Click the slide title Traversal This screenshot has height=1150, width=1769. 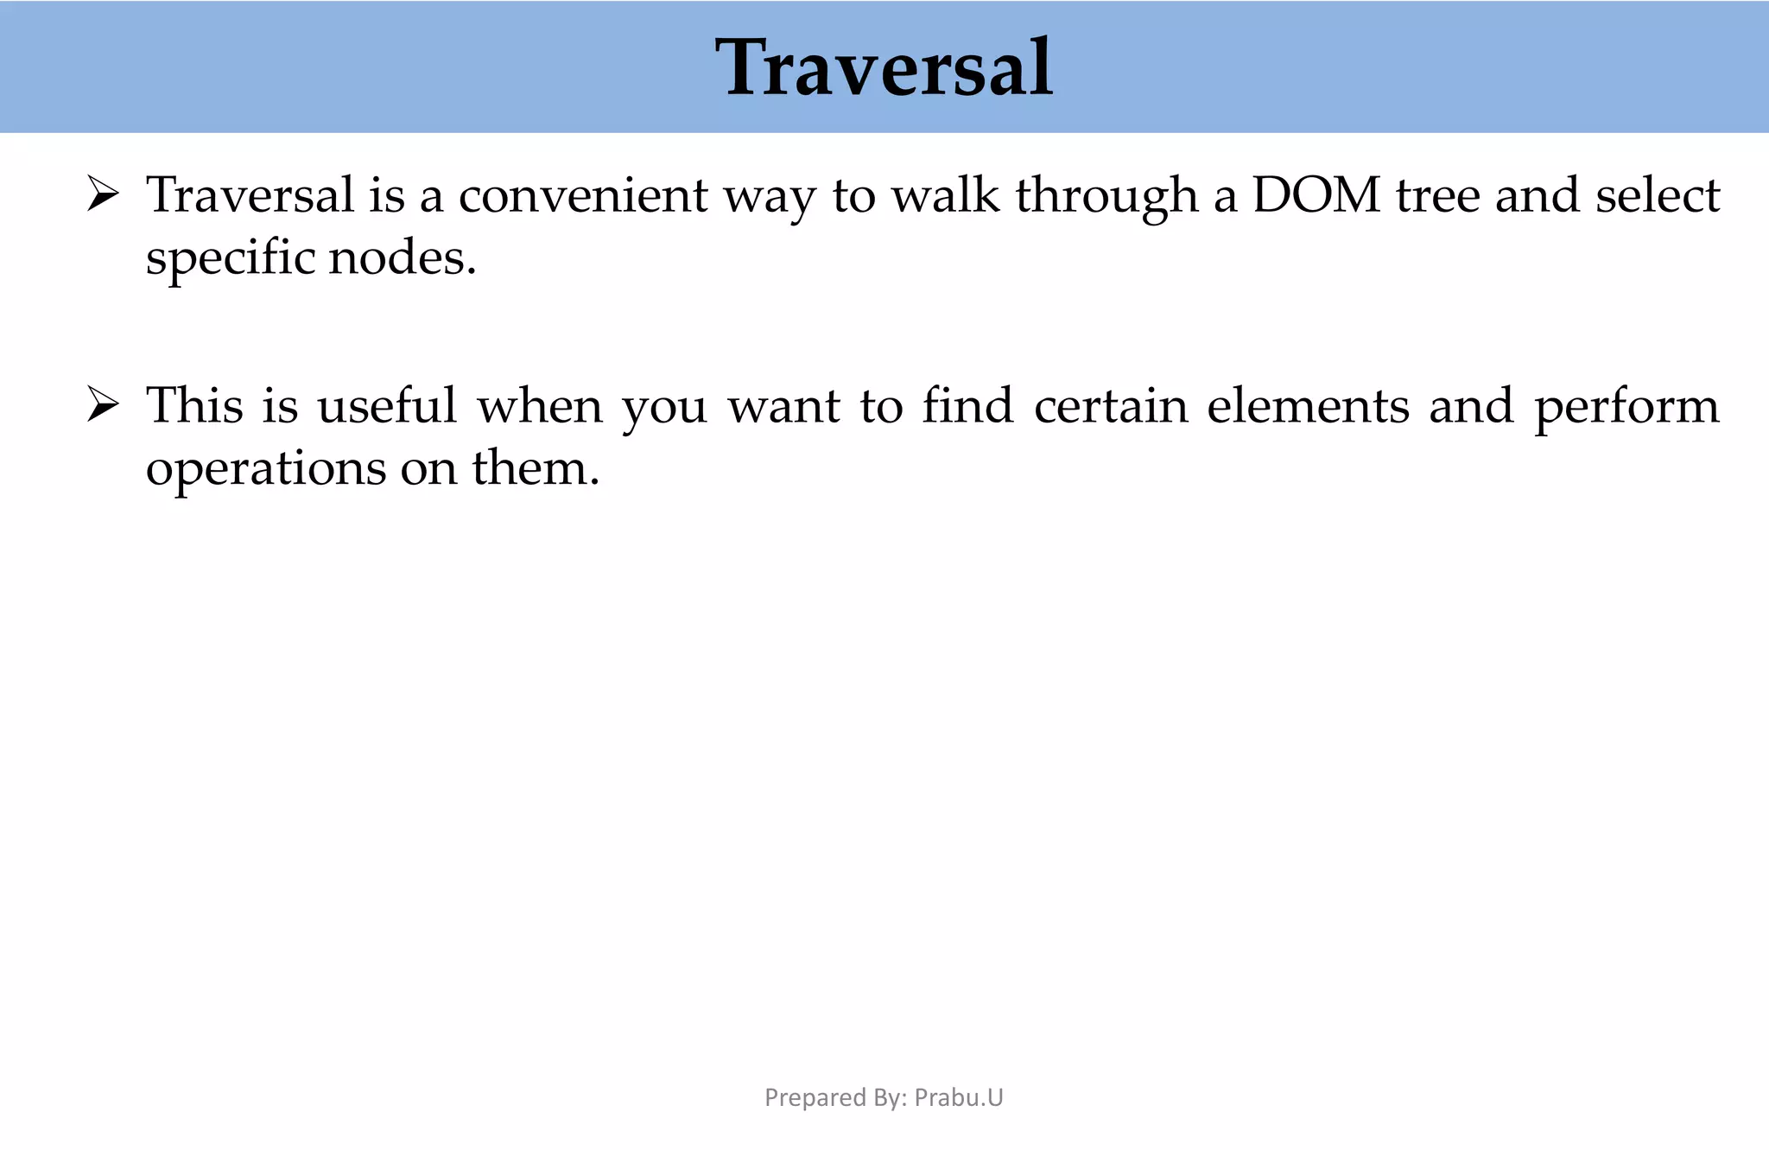[x=884, y=67]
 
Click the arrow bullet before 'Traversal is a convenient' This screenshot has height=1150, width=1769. [x=103, y=195]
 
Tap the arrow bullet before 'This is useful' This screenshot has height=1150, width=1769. [x=103, y=405]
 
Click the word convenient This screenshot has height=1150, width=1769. [x=583, y=195]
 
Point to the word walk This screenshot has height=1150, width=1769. [x=946, y=195]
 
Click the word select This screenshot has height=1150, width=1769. [x=1658, y=195]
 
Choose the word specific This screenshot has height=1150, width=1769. [x=229, y=259]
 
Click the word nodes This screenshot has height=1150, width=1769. [x=402, y=257]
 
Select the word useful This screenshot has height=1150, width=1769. [x=387, y=405]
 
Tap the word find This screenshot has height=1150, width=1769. [x=967, y=405]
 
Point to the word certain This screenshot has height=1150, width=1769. [x=1111, y=405]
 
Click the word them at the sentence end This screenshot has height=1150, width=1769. [x=535, y=468]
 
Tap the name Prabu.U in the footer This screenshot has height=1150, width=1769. [x=959, y=1097]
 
